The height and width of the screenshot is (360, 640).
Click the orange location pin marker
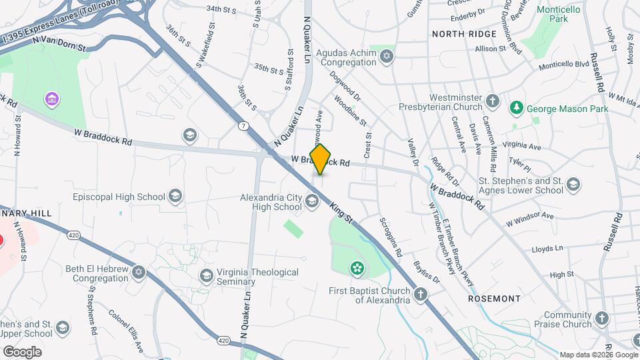(321, 159)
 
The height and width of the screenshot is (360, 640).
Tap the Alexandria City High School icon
(311, 201)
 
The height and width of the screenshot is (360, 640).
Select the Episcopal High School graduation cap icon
(175, 196)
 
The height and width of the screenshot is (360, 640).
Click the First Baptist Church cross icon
(421, 294)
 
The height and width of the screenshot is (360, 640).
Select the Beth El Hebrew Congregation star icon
(139, 272)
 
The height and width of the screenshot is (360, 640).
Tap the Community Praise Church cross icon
(602, 319)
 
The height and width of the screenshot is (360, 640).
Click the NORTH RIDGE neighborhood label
(464, 33)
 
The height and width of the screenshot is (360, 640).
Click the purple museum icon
(51, 100)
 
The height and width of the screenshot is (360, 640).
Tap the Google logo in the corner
(22, 351)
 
